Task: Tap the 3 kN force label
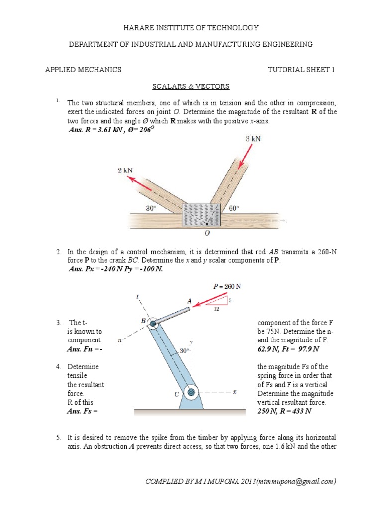click(x=254, y=139)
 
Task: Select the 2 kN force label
click(x=126, y=170)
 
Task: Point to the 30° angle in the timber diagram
click(x=151, y=209)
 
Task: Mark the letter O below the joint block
click(x=207, y=233)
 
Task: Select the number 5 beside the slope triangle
click(x=230, y=300)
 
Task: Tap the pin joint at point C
click(x=191, y=392)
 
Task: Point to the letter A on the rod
click(x=189, y=301)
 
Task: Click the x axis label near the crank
click(x=234, y=392)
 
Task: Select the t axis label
click(x=137, y=297)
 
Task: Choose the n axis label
click(x=119, y=341)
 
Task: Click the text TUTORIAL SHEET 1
click(x=301, y=70)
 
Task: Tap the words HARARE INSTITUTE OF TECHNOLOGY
click(x=191, y=28)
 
